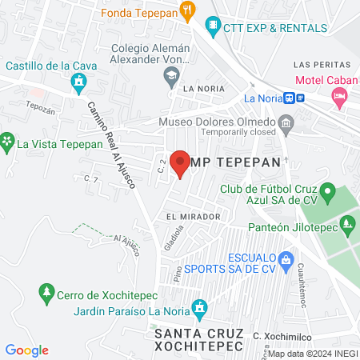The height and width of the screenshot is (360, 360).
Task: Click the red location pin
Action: (x=181, y=163)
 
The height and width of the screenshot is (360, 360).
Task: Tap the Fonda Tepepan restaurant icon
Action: (x=188, y=10)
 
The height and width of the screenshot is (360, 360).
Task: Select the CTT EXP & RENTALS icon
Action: (x=212, y=26)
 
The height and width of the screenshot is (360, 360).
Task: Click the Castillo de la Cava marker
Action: (x=78, y=81)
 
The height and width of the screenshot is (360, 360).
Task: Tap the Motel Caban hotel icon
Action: (x=339, y=95)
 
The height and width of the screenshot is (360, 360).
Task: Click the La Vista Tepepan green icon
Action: (x=7, y=144)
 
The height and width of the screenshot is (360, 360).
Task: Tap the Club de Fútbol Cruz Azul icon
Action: (x=326, y=192)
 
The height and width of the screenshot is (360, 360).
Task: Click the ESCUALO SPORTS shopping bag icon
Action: (x=284, y=259)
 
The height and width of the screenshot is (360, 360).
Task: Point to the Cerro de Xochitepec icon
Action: (x=47, y=292)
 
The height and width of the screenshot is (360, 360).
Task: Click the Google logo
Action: (x=27, y=350)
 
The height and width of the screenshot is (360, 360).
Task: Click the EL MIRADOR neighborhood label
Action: (x=194, y=217)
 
